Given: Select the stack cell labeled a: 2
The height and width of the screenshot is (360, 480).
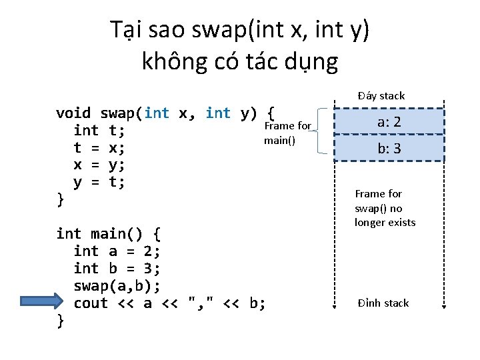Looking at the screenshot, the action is tap(389, 121).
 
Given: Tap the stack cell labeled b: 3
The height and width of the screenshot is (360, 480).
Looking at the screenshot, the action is tap(389, 148).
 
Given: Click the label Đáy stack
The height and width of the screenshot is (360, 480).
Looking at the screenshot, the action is tap(381, 95).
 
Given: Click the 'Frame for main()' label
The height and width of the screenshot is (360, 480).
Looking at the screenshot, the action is tap(287, 133).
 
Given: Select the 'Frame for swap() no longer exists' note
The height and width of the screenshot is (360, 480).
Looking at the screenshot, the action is tap(385, 208).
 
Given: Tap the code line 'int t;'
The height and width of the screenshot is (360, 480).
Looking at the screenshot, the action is tap(99, 130).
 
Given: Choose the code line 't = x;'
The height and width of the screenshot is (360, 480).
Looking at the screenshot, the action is tap(99, 147).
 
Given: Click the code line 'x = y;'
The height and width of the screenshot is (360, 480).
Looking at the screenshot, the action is tap(99, 164).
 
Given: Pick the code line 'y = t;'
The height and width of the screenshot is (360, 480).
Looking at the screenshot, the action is tap(99, 181).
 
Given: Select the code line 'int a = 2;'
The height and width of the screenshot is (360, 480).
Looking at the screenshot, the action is tap(117, 251).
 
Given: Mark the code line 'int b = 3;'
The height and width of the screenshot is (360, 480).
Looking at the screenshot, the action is tap(117, 269).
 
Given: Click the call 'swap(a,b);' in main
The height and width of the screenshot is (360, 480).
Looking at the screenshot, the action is tap(117, 286).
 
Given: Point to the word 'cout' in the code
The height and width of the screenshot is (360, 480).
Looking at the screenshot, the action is tap(91, 303).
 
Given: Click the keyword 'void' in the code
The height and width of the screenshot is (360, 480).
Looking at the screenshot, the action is tap(73, 113).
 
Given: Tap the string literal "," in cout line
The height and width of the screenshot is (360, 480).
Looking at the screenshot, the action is tap(201, 303).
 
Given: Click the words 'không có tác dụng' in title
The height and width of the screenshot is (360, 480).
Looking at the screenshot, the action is tap(240, 61).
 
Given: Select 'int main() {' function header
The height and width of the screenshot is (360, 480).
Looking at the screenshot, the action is tap(108, 234).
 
